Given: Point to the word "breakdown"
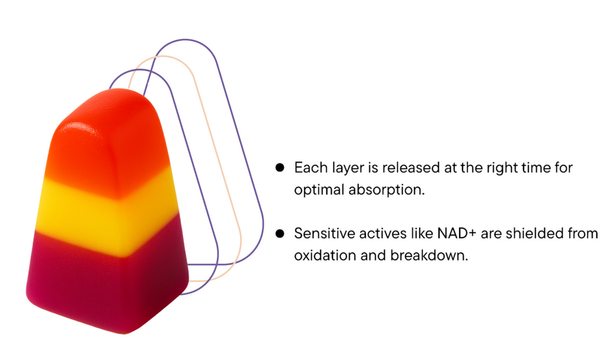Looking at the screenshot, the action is (429, 255).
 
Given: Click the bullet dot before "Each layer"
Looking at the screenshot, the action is (280, 168).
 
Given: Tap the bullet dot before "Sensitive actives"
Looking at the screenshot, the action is (280, 234).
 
